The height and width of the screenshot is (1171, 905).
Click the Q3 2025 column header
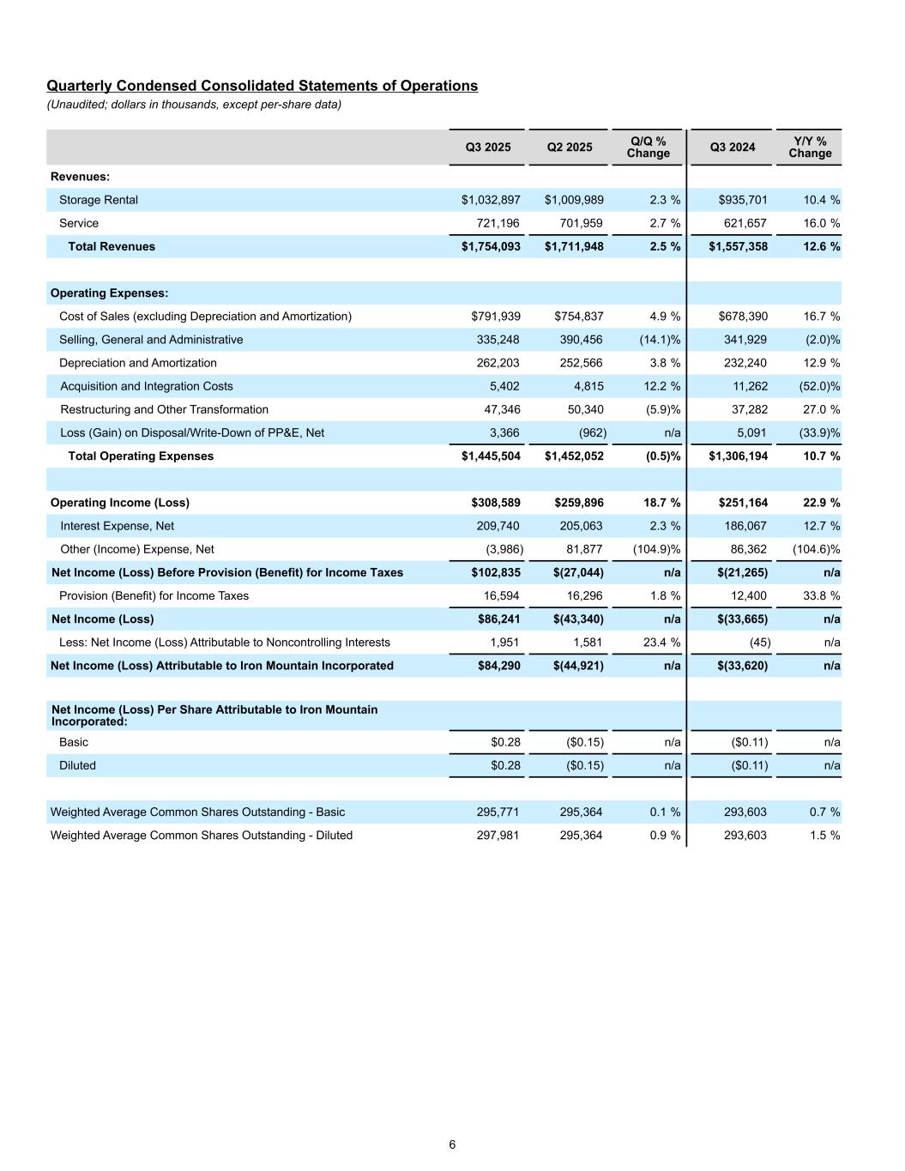click(x=487, y=148)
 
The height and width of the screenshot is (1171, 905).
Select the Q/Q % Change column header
click(x=648, y=148)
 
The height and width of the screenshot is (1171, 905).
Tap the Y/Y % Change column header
click(x=810, y=148)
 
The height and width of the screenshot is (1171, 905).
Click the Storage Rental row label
click(x=99, y=200)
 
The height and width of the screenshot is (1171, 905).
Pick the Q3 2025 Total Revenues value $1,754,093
click(x=491, y=246)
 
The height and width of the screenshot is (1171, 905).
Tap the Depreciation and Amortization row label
click(x=138, y=363)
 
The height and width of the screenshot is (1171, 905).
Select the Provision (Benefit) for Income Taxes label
click(x=154, y=595)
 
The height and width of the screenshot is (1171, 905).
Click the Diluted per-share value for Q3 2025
click(x=505, y=765)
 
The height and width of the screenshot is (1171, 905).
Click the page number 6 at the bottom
click(x=452, y=1144)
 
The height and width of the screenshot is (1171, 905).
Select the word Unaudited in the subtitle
click(x=75, y=105)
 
